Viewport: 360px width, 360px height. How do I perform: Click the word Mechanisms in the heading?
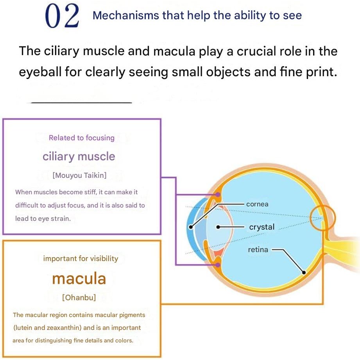coord(125,16)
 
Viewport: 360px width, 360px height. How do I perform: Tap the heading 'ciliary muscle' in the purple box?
coord(79,157)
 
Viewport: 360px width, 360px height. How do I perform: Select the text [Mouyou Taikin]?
coord(79,176)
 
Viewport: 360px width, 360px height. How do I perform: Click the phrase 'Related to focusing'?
coord(82,138)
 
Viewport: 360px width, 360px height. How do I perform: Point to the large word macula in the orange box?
coord(79,279)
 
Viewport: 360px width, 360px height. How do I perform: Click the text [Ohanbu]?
coord(79,297)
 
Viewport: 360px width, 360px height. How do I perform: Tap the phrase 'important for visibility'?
coord(81,258)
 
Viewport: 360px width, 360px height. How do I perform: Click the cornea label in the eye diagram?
coord(257,204)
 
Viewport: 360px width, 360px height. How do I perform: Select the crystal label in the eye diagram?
coord(262,227)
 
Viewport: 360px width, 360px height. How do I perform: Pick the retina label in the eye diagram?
coord(258,249)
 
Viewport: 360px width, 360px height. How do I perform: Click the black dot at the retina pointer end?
coord(304,272)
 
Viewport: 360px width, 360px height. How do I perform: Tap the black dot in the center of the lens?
coord(218,227)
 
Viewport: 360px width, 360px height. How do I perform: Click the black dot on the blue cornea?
coord(191,227)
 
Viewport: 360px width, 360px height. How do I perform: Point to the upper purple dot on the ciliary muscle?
coord(218,195)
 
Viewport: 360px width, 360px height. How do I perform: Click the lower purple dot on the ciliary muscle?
coord(218,265)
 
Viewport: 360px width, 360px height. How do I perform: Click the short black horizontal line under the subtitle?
coord(82,103)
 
